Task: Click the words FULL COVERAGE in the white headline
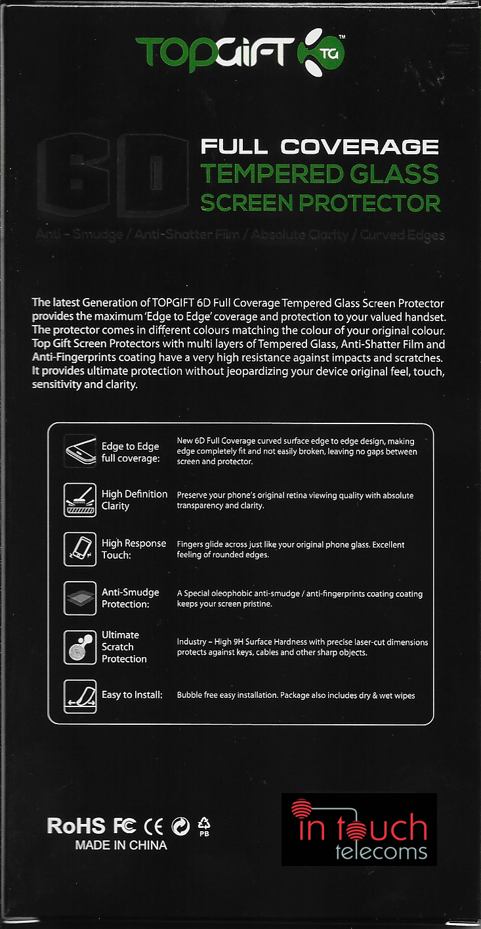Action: point(320,146)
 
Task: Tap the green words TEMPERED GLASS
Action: point(320,175)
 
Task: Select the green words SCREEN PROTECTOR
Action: point(320,203)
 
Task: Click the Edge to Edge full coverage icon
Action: point(80,450)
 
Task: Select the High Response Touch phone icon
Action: point(80,549)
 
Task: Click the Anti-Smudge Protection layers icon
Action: point(80,597)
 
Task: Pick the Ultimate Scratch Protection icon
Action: point(80,647)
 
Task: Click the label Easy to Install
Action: point(132,695)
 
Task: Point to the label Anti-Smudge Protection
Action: point(130,598)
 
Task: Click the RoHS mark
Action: point(76,826)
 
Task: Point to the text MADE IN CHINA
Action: point(121,846)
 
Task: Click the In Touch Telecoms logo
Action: point(359,829)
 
